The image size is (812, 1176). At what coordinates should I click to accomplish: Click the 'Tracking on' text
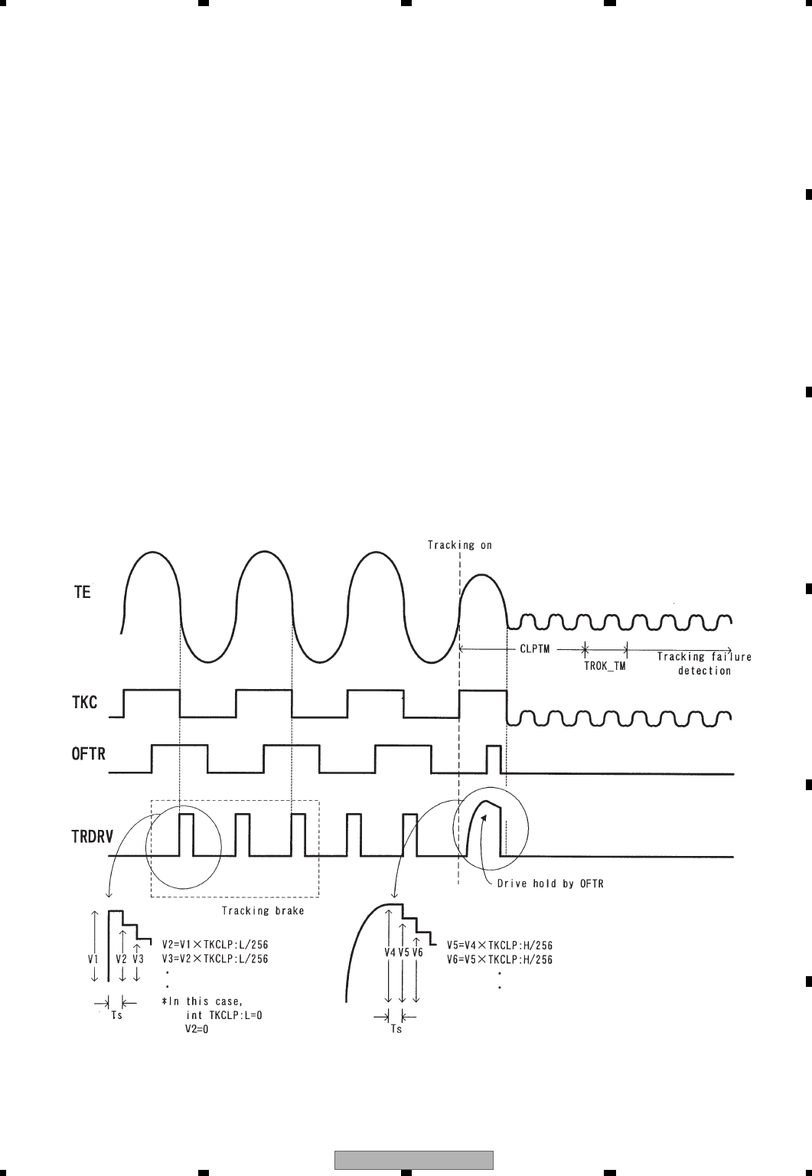[x=459, y=545]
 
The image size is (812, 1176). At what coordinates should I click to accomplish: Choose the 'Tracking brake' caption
[x=254, y=910]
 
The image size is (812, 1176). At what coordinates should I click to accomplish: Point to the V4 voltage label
[x=389, y=952]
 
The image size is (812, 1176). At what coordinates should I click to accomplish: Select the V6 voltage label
[x=417, y=952]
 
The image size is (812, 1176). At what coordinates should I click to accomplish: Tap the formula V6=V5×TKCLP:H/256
[x=500, y=959]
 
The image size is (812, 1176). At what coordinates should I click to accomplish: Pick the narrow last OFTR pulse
[x=494, y=758]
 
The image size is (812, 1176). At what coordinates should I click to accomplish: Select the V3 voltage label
[x=138, y=958]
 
